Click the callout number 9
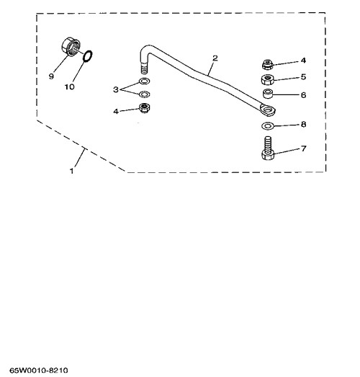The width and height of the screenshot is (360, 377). [x=51, y=76]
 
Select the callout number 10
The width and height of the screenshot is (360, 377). [x=69, y=87]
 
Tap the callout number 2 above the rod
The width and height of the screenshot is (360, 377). [x=215, y=58]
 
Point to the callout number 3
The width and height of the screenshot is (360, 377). [x=116, y=89]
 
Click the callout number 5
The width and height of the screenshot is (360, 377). [x=303, y=76]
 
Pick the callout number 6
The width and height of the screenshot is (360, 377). [x=303, y=95]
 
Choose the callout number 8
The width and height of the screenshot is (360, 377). [x=303, y=124]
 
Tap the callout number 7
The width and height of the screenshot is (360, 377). [x=304, y=148]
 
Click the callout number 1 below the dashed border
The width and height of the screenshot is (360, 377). [x=71, y=171]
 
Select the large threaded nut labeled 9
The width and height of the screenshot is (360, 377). [x=71, y=46]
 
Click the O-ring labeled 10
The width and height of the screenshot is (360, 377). [x=88, y=56]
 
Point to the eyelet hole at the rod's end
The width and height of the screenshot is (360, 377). [x=267, y=110]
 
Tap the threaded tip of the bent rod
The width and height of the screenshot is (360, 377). [x=144, y=68]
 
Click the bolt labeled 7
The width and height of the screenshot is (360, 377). [x=267, y=148]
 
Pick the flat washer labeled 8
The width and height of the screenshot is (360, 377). [x=267, y=125]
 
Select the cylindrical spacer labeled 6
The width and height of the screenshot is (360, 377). [x=268, y=94]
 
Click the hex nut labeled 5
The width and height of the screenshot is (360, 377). [x=268, y=79]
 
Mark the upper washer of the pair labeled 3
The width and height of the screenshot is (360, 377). [x=144, y=81]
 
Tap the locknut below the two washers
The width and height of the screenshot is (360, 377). [x=144, y=108]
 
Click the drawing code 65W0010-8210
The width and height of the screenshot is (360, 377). [x=39, y=371]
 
